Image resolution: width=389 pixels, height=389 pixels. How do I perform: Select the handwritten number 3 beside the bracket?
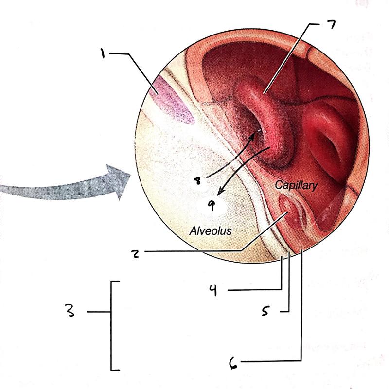[71, 311]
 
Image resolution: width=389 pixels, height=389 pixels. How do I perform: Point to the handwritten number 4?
[212, 291]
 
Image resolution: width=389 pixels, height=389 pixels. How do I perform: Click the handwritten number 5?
[265, 311]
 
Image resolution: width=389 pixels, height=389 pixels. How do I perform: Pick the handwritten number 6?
[234, 362]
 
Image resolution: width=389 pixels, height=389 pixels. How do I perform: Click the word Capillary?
[296, 185]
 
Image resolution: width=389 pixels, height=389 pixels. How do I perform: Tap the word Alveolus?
[210, 231]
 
